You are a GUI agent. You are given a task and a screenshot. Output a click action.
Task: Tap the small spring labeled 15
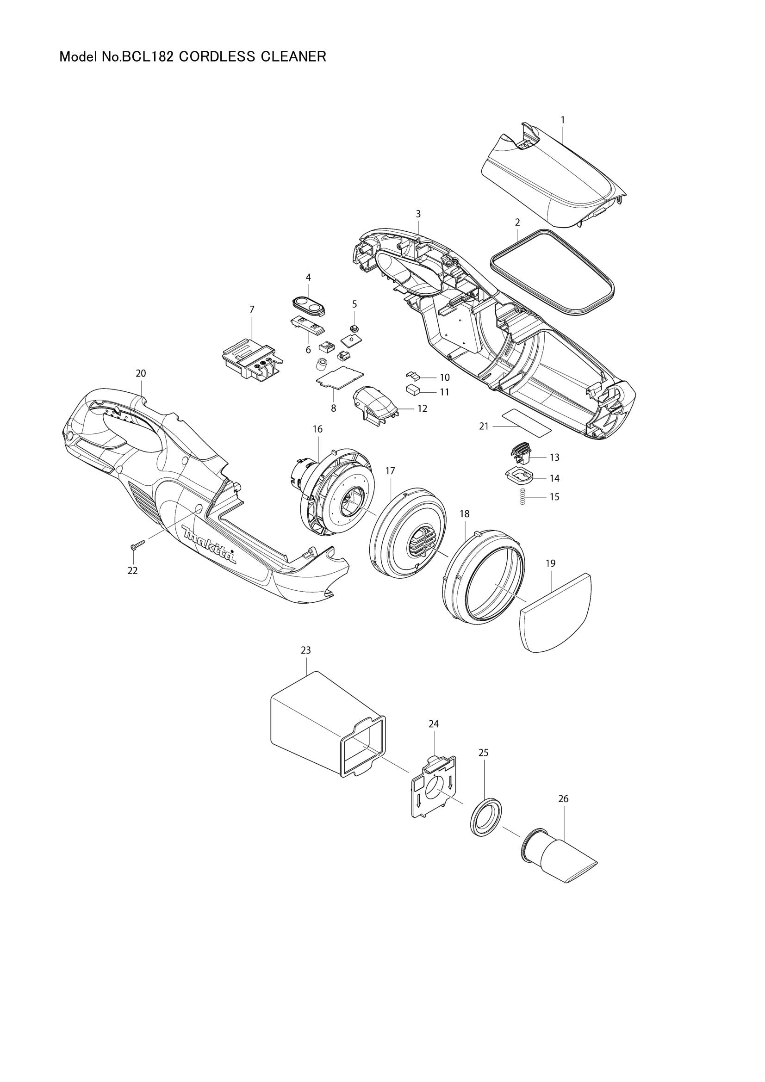(522, 497)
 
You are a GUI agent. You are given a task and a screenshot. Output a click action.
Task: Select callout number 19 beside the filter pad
(551, 563)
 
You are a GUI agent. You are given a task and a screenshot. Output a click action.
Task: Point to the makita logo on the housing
(208, 544)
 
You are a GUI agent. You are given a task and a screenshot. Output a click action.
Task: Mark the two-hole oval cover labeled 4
(307, 306)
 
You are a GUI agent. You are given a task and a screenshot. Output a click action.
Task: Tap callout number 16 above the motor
(317, 429)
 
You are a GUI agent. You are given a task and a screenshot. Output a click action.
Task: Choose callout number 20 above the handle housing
(141, 373)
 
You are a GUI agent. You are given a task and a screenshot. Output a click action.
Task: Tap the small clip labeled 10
(412, 375)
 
